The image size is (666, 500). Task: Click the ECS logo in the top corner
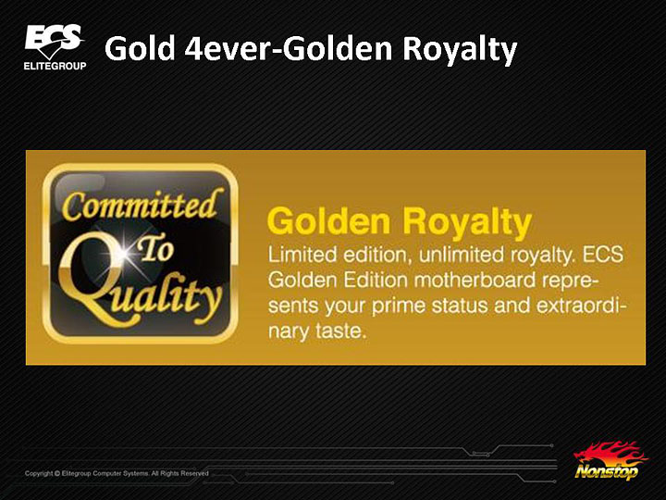pyautogui.click(x=54, y=42)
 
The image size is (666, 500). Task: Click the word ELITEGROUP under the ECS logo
pyautogui.click(x=55, y=67)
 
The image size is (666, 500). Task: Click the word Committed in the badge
pyautogui.click(x=141, y=206)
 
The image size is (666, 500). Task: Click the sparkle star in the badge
pyautogui.click(x=122, y=261)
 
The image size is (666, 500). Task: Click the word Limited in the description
pyautogui.click(x=297, y=254)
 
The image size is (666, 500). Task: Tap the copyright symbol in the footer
pyautogui.click(x=57, y=473)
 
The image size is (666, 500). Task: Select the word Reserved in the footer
pyautogui.click(x=194, y=473)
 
